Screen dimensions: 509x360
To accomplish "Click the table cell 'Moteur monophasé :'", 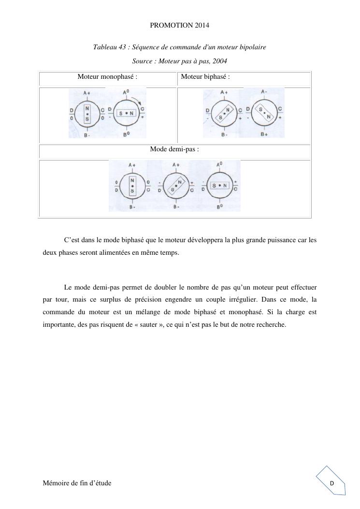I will click(107, 76).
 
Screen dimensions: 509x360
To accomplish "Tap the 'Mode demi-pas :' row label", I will click(174, 149).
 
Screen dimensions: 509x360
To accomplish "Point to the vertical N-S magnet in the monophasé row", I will click(87, 114).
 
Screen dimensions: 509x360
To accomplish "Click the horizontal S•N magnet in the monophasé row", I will click(126, 113).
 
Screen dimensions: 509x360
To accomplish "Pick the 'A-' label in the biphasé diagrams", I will click(264, 91).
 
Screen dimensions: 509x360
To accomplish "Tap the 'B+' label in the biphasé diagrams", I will click(264, 134).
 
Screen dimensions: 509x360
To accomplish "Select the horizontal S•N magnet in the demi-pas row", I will click(219, 185).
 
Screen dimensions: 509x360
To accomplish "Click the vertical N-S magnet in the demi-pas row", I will click(132, 185).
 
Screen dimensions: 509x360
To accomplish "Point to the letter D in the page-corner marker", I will click(332, 483).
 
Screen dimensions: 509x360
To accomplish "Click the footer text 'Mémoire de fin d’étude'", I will click(77, 483).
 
